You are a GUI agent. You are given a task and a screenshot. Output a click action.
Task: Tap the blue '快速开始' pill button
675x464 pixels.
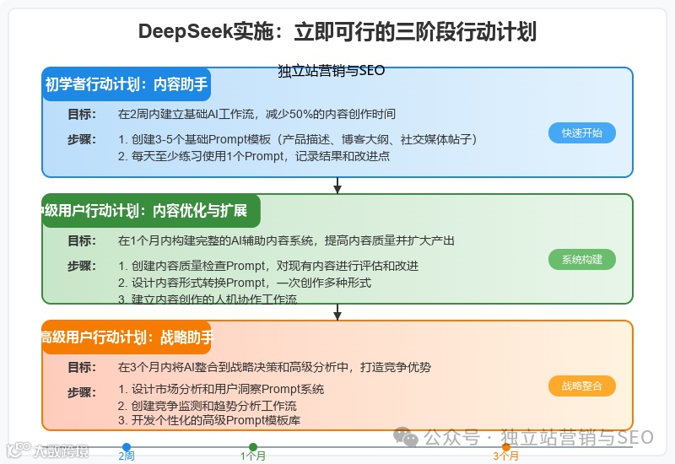[x=581, y=132]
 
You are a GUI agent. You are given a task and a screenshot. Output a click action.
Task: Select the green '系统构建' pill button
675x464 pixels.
[x=581, y=259]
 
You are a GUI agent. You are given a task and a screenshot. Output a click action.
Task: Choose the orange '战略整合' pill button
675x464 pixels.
[x=581, y=386]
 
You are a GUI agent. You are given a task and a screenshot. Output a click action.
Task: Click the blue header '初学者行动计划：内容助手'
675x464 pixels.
[x=126, y=84]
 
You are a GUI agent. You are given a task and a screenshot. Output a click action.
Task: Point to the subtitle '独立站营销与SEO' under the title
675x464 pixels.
[x=331, y=71]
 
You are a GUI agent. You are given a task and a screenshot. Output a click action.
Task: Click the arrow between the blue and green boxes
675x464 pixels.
[x=337, y=186]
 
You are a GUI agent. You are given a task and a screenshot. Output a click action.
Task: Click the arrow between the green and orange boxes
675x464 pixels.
[x=337, y=312]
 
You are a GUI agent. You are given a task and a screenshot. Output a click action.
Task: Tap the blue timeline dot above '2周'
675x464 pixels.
[x=127, y=447]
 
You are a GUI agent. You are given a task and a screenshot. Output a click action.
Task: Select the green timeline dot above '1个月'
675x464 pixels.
[x=253, y=447]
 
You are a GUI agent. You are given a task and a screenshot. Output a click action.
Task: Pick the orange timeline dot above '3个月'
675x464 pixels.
[x=506, y=447]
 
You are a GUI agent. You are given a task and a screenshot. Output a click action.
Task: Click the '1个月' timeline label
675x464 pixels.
[x=253, y=456]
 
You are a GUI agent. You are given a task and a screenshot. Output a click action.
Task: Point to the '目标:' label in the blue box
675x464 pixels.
[x=81, y=114]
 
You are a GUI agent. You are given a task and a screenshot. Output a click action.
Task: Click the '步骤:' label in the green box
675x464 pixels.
[x=81, y=266]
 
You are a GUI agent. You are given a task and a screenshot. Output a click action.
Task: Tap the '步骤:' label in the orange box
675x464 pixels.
[x=81, y=392]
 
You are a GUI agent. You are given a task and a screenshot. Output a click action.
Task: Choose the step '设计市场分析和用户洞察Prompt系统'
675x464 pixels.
[x=221, y=390]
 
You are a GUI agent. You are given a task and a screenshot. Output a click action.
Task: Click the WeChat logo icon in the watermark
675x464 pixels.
[x=408, y=438]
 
